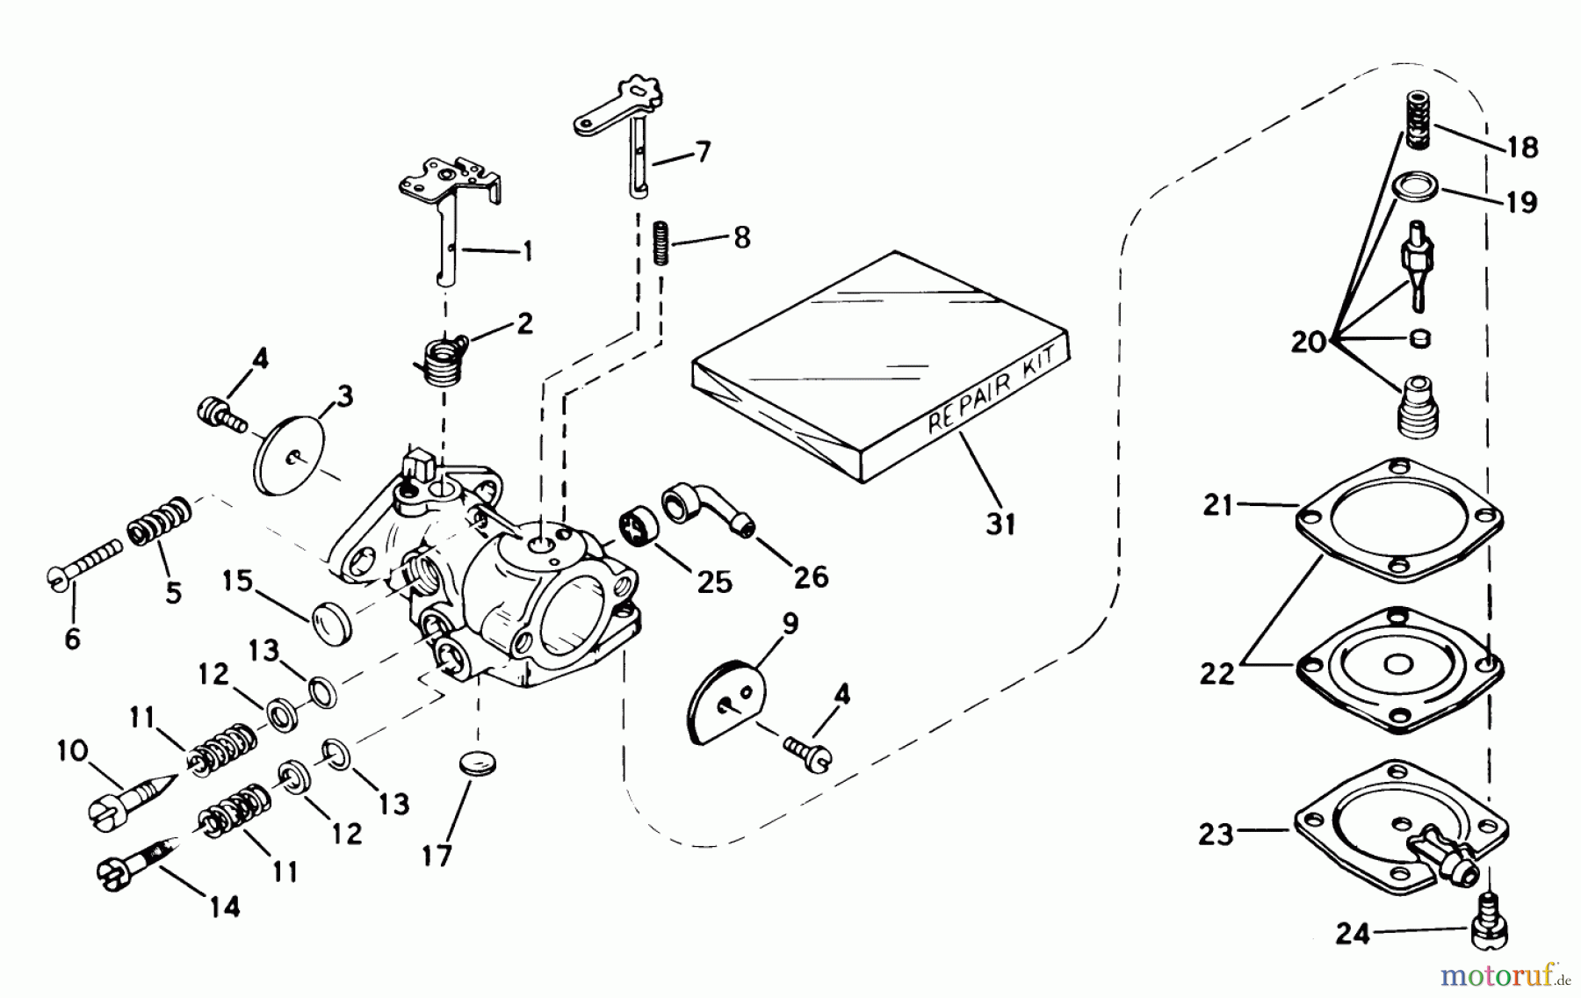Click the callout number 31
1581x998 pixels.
tap(1000, 524)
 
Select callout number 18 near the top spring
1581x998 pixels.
tap(1522, 148)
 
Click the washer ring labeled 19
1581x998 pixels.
tap(1416, 186)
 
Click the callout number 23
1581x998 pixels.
tap(1216, 834)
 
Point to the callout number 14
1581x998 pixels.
tap(225, 907)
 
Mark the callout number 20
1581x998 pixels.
tap(1307, 341)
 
